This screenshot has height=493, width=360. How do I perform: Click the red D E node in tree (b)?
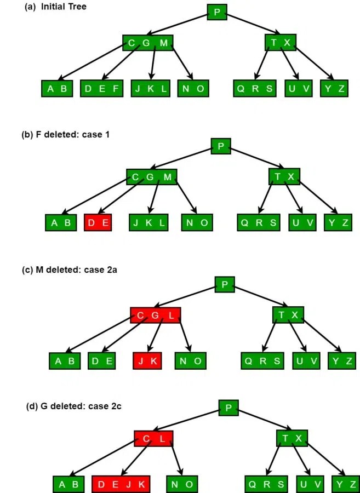coord(98,222)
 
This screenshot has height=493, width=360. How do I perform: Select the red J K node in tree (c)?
coord(147,361)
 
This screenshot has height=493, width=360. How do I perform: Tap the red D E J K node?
coord(121,484)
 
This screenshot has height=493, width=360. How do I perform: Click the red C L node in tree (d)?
coord(153,439)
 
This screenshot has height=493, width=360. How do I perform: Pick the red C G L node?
coord(155,315)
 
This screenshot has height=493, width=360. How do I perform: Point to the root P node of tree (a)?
coord(217,12)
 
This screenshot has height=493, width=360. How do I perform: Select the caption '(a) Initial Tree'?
coord(55,7)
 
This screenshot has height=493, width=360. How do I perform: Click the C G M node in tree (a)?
coord(147,43)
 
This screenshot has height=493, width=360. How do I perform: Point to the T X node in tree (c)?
coord(288,314)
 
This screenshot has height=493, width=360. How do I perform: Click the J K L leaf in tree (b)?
coord(149,222)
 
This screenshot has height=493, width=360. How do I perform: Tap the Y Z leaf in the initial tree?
coord(334,89)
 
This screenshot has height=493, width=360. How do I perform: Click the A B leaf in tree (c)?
coord(65,361)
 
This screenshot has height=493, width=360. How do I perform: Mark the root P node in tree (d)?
coord(228,408)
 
